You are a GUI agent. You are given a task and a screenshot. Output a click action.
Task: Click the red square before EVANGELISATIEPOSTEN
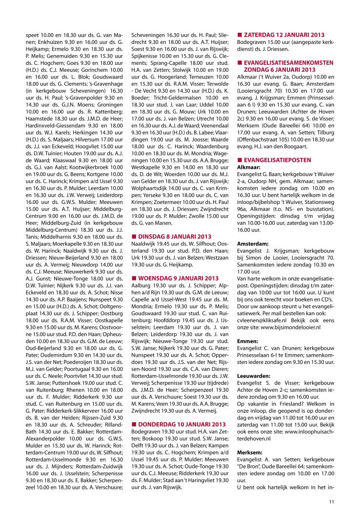point(239,160)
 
